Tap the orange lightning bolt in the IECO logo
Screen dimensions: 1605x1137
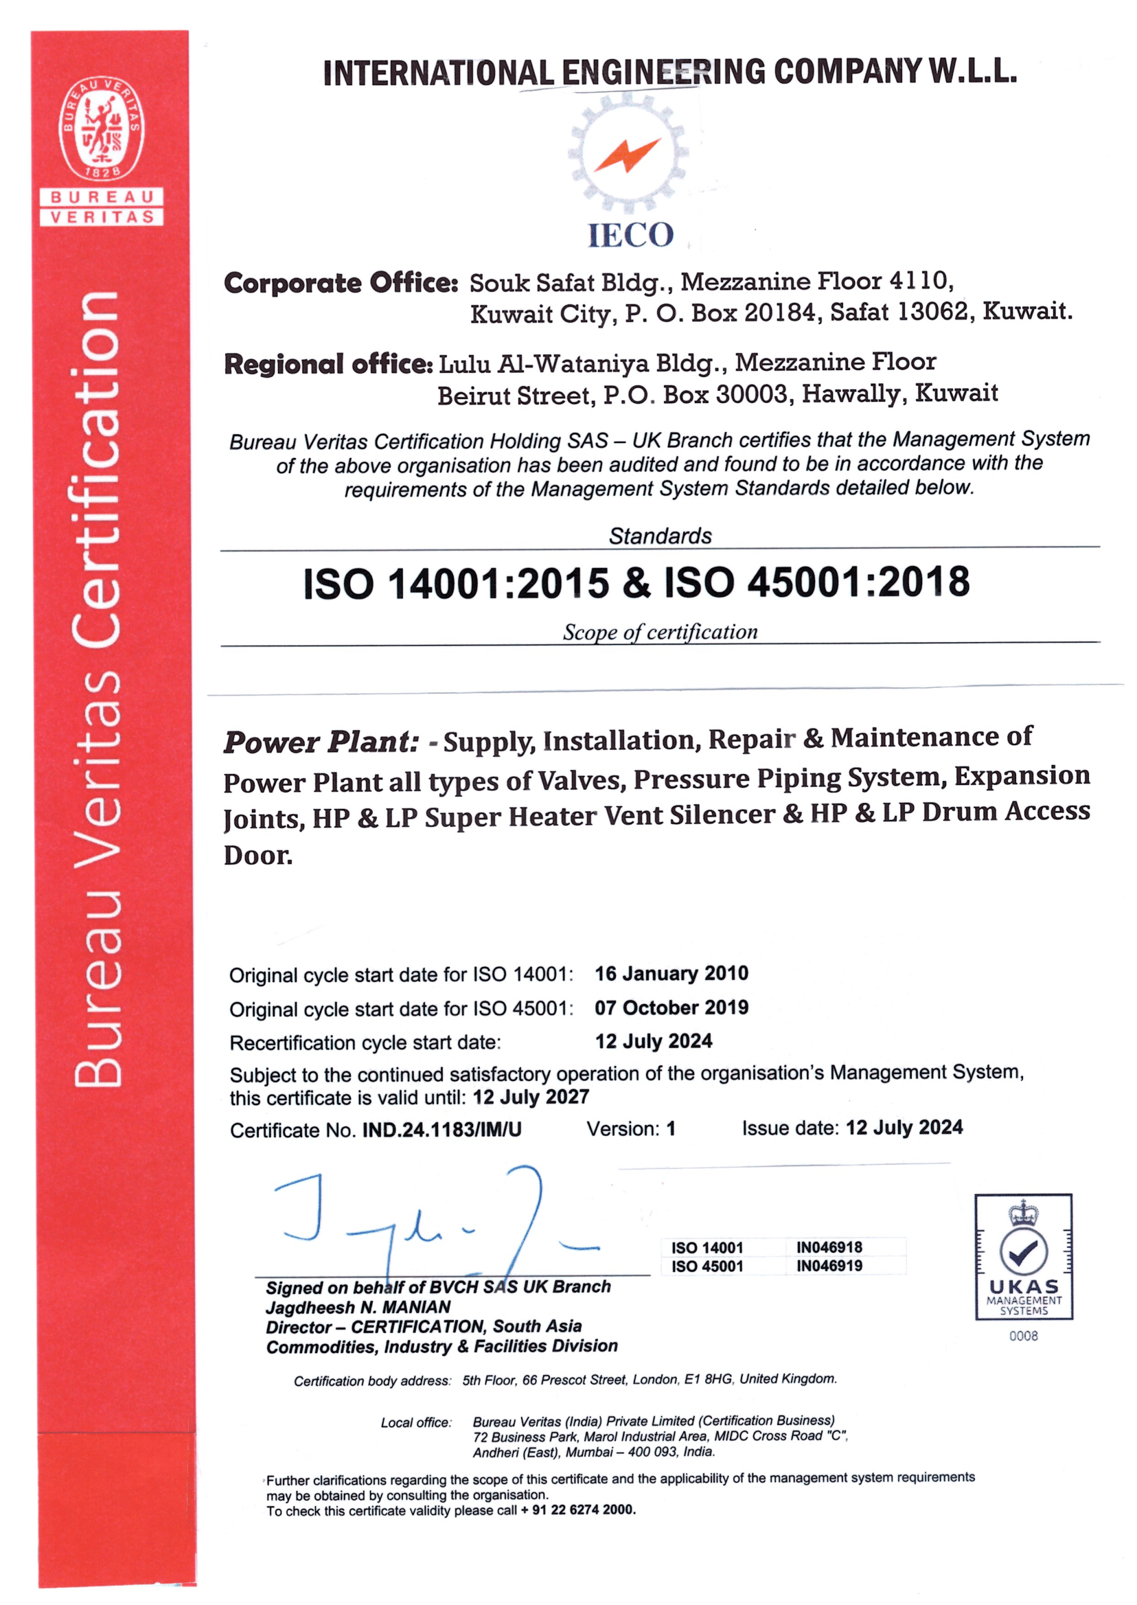tap(628, 155)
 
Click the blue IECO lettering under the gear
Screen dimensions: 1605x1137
tap(630, 236)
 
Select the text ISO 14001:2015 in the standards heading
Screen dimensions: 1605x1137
tap(457, 583)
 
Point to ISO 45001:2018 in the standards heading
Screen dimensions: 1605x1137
tap(816, 582)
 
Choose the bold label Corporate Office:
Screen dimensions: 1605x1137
tap(341, 283)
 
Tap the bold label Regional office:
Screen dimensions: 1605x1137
tap(328, 364)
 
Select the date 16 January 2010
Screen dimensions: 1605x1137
tap(671, 973)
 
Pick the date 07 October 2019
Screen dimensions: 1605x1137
tap(671, 1008)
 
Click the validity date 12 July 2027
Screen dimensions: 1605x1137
tap(531, 1097)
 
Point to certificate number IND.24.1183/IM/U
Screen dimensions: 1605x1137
tap(441, 1130)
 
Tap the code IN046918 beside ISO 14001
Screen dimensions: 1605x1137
tap(829, 1247)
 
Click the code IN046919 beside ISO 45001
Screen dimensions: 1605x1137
tap(829, 1265)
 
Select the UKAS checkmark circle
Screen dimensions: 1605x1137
tap(1023, 1251)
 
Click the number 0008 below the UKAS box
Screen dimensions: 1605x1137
tap(1023, 1336)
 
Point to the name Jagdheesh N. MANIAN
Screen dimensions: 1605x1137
tap(358, 1307)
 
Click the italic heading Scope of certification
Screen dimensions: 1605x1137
tap(660, 633)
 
